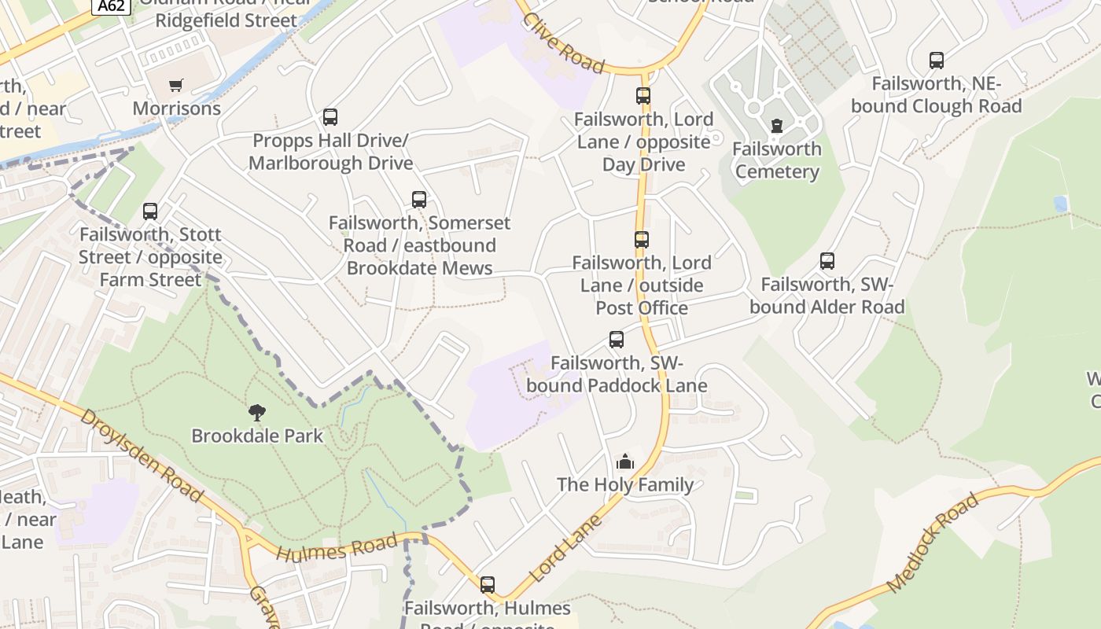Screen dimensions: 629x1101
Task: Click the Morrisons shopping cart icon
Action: pos(176,85)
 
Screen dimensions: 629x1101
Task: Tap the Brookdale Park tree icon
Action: pos(257,412)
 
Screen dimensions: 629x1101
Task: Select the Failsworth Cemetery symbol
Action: pos(777,126)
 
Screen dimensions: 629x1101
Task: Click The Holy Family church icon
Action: pos(625,462)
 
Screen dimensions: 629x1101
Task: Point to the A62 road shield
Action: pos(111,6)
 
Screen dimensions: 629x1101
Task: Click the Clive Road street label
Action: pos(563,43)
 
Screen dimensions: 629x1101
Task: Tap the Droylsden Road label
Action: pos(141,456)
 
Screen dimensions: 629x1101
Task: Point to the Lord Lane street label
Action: pos(565,549)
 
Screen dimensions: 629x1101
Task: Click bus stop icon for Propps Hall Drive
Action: pos(330,117)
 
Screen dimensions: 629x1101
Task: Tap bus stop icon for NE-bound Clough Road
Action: pos(936,61)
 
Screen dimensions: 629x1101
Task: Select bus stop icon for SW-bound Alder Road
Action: pos(827,261)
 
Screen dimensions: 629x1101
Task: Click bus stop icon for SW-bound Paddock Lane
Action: pos(617,340)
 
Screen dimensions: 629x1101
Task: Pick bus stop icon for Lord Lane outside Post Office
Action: pos(642,240)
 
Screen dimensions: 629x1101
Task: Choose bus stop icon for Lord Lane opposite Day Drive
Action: pos(643,96)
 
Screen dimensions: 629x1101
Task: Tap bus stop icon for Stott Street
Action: pos(150,212)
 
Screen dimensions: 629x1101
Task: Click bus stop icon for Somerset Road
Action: pos(419,200)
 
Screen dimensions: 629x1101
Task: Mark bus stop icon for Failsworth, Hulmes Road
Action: pos(488,585)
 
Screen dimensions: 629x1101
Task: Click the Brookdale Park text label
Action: pos(257,436)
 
